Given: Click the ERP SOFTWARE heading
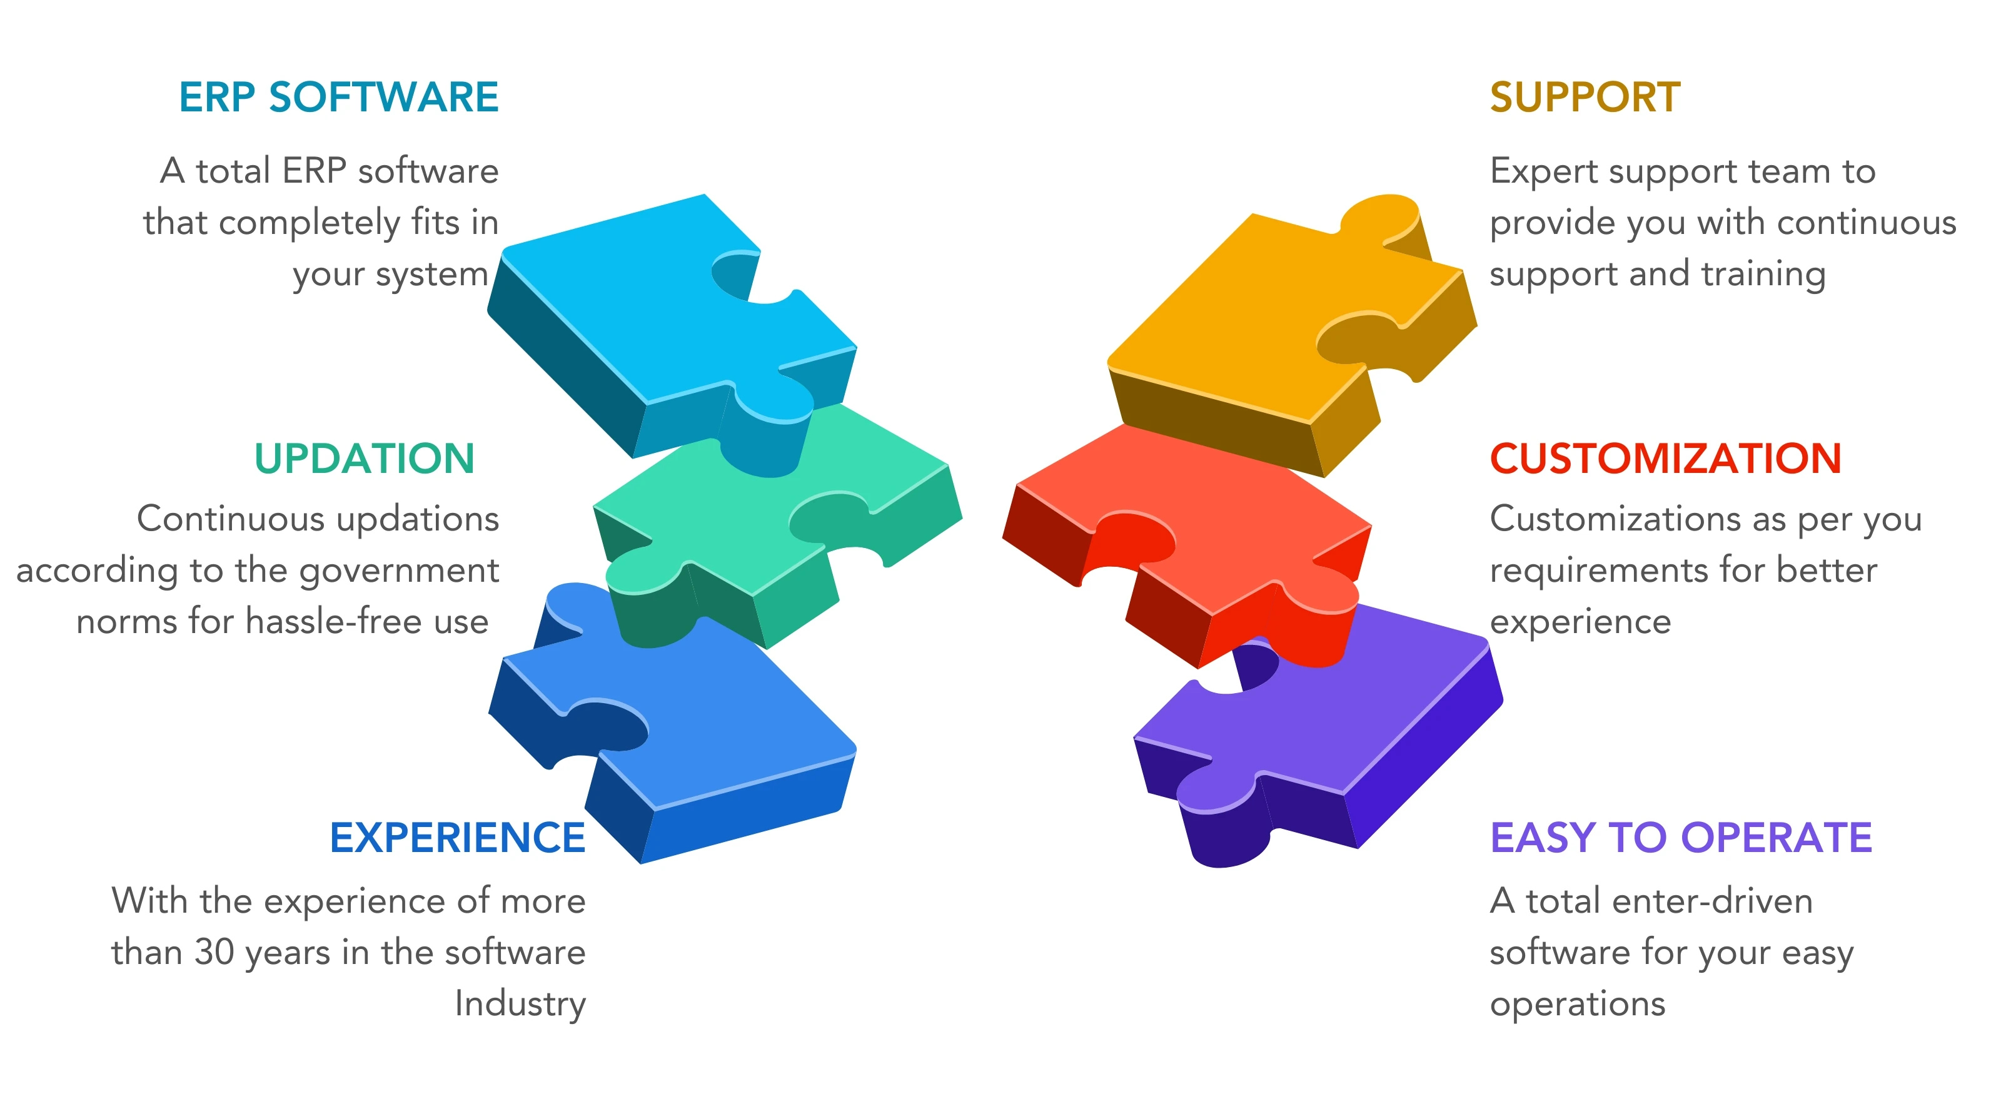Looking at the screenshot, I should (339, 98).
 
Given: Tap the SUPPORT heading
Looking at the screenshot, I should (1585, 98).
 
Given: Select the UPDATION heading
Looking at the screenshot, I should (365, 459).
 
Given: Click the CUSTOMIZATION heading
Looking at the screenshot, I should (1665, 459).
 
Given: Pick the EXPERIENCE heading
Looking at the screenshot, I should (458, 838).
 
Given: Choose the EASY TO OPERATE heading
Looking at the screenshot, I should (1681, 838).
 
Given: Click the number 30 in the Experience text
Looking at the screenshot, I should (214, 953).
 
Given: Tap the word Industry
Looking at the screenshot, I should (520, 1004).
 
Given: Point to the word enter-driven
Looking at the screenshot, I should (1712, 901).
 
